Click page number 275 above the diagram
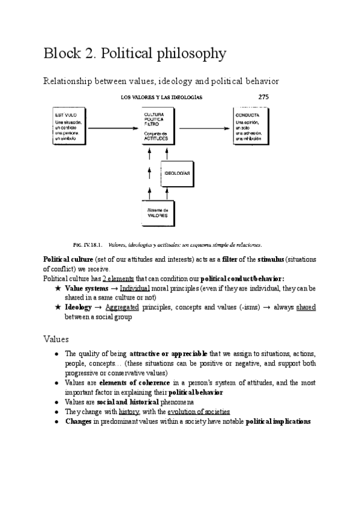coord(263,96)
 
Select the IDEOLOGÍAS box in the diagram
coord(177,173)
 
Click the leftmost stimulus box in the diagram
coord(68,127)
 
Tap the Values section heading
coord(56,339)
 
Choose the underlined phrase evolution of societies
coord(199,412)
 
